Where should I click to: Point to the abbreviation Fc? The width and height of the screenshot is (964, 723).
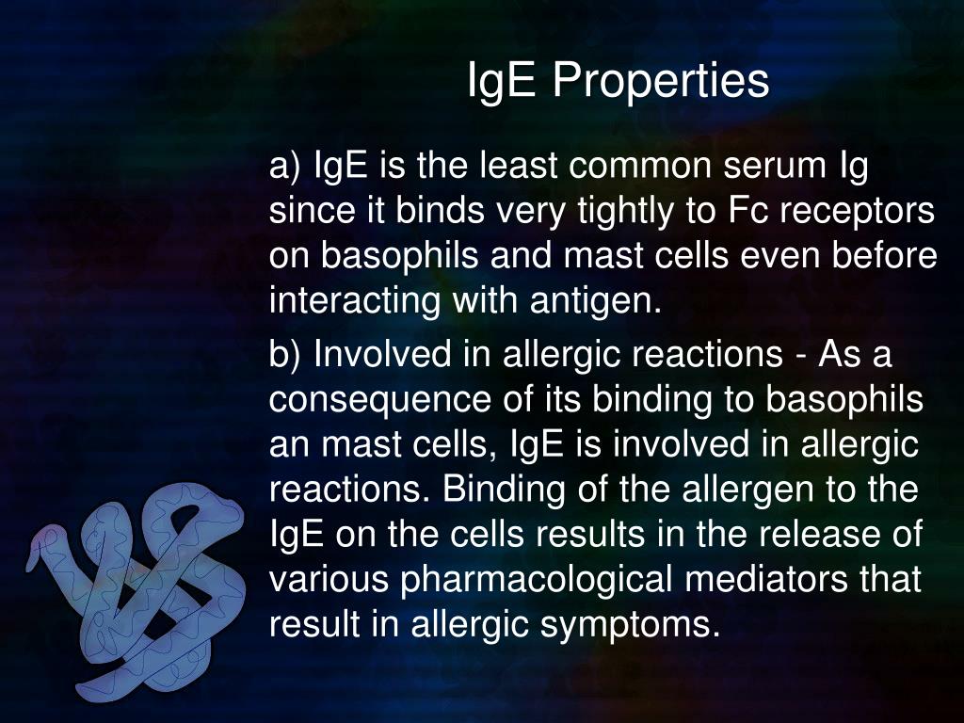pyautogui.click(x=744, y=213)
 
